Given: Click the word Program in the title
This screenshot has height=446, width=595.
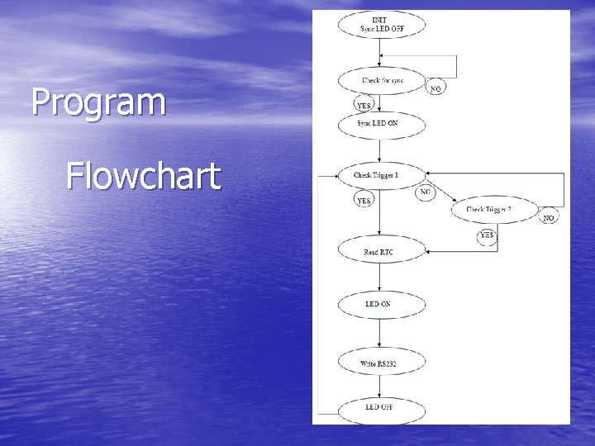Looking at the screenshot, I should coord(98,103).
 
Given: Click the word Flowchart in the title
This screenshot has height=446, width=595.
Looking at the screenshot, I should coord(143,176).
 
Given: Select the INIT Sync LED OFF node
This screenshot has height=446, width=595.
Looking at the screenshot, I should coord(381,25).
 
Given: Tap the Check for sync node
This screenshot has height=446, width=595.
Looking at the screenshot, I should coord(381,81).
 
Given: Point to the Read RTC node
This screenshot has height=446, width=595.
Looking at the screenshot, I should coord(380,251).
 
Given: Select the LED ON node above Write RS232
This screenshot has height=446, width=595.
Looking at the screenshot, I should coord(380,304).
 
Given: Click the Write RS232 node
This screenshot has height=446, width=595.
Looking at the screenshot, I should coord(380,361).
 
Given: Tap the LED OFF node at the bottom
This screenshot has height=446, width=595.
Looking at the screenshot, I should coord(380,407).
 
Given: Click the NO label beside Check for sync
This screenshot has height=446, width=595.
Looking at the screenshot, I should coord(436,88).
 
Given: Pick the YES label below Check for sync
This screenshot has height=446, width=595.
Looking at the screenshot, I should coord(364,106).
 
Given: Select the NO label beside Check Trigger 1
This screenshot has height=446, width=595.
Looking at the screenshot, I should coord(425,192).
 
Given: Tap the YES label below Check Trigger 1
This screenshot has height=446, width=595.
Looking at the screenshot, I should coord(364,200).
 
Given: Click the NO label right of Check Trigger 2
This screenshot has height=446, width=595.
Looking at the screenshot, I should coord(549,218).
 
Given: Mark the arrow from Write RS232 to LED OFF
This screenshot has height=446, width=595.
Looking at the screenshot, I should coord(380,385).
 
